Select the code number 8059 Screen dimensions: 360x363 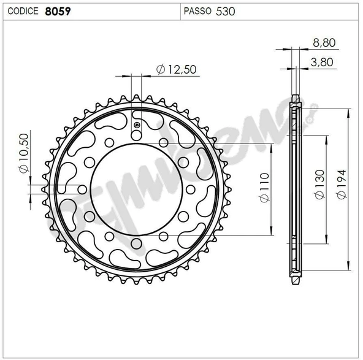pyautogui.click(x=57, y=10)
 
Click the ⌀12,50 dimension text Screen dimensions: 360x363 pyautogui.click(x=177, y=69)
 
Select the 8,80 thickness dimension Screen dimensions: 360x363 pyautogui.click(x=323, y=43)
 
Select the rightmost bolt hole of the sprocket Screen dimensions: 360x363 pyautogui.click(x=189, y=190)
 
